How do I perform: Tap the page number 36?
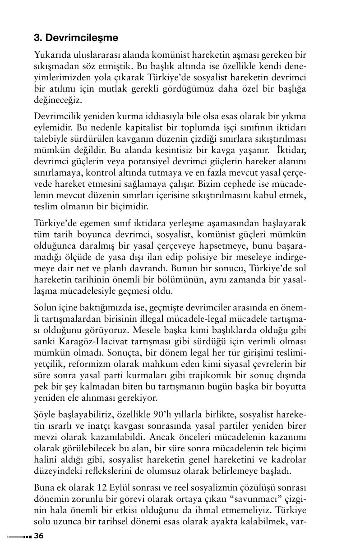[39, 536]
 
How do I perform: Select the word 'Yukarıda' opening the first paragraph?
[51, 55]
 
